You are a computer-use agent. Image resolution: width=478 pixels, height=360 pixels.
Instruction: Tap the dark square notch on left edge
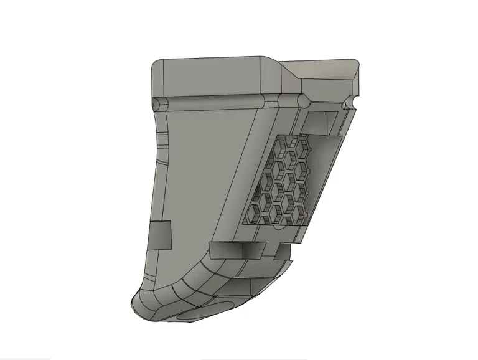pyautogui.click(x=160, y=235)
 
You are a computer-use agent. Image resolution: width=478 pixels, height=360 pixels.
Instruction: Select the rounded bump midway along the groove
pyautogui.click(x=303, y=101)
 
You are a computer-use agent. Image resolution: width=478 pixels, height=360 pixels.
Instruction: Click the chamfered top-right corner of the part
pyautogui.click(x=356, y=66)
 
